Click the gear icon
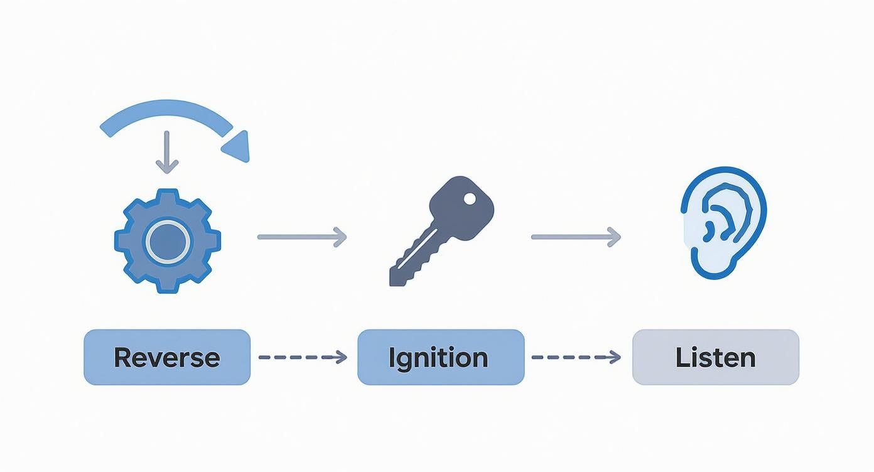(x=168, y=241)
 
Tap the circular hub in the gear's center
(x=168, y=242)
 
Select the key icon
(x=441, y=231)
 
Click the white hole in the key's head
(x=470, y=199)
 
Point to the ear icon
(x=724, y=223)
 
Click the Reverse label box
(x=167, y=357)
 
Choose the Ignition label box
(x=441, y=357)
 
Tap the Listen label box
(x=716, y=357)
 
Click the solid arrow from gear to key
(x=302, y=237)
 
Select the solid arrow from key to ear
(x=576, y=237)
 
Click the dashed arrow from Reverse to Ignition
(x=303, y=357)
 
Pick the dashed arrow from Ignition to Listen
(x=576, y=357)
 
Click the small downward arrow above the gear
(x=167, y=152)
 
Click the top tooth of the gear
(x=168, y=195)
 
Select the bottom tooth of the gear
(x=168, y=288)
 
